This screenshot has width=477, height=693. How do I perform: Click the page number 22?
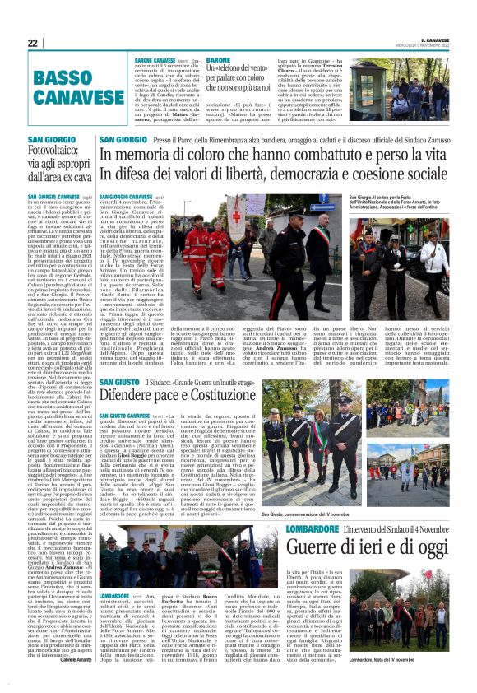(32, 43)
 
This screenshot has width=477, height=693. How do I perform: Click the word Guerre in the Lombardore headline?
(310, 547)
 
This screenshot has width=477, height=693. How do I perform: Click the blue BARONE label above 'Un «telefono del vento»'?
(219, 60)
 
